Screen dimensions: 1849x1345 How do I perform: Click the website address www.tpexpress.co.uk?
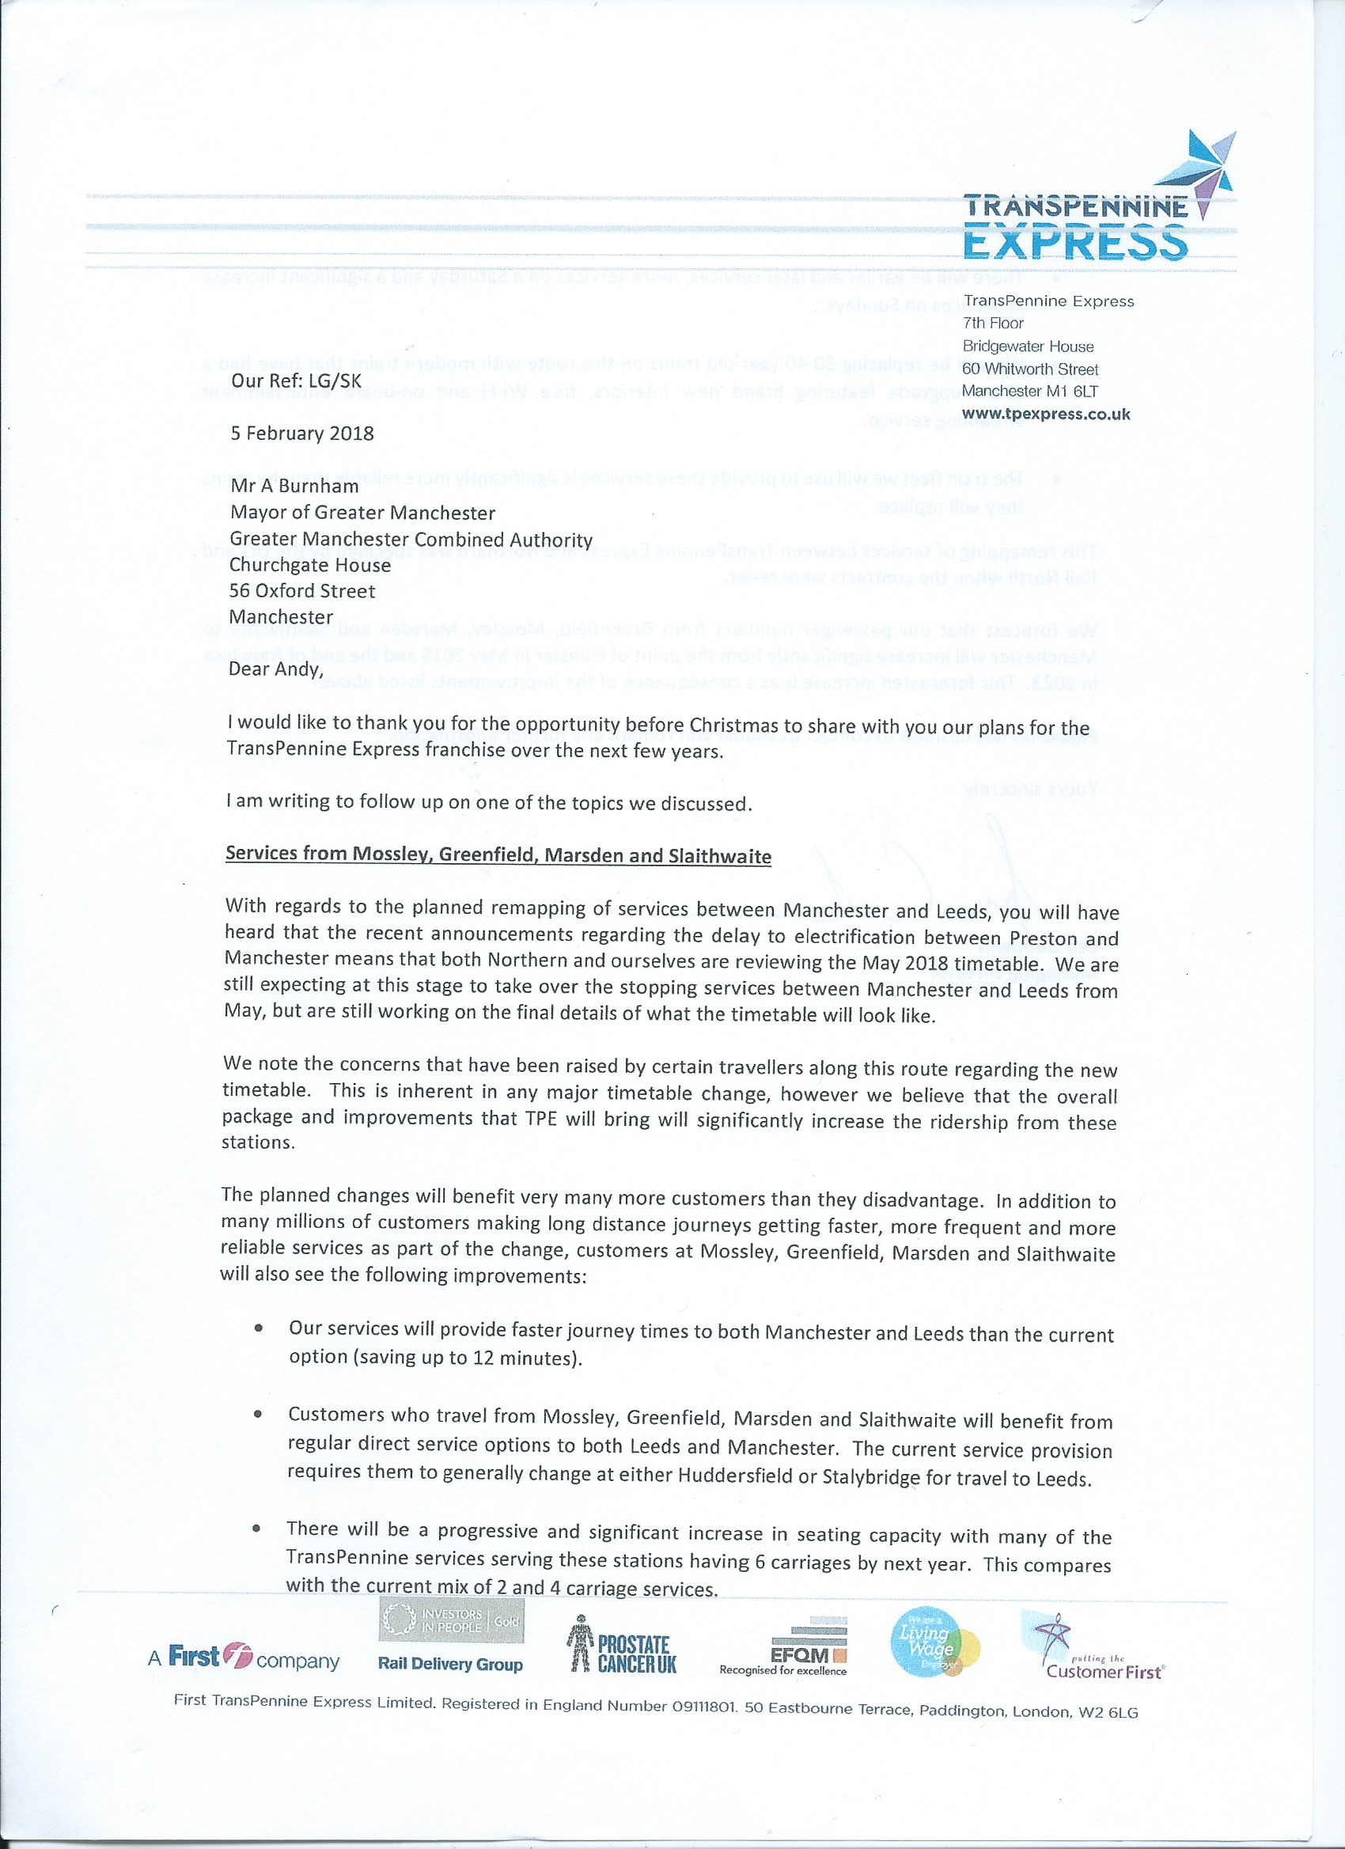[1046, 414]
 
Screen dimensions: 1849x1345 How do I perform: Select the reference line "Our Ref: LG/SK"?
[296, 381]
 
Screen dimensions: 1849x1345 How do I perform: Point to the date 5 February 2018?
[301, 434]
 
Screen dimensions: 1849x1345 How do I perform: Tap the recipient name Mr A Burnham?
[294, 487]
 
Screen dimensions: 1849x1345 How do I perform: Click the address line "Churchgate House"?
[310, 565]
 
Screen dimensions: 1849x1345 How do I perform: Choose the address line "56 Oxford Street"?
[301, 591]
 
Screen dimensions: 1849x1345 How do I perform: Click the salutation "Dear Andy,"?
[275, 669]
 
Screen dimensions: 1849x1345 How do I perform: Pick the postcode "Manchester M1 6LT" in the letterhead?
[1029, 392]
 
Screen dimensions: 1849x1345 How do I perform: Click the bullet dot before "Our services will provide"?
[259, 1328]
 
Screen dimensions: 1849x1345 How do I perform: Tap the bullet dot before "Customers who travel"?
[259, 1415]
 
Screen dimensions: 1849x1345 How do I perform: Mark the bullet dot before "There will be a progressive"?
[258, 1528]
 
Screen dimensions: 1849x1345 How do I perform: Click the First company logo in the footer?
[243, 1658]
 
